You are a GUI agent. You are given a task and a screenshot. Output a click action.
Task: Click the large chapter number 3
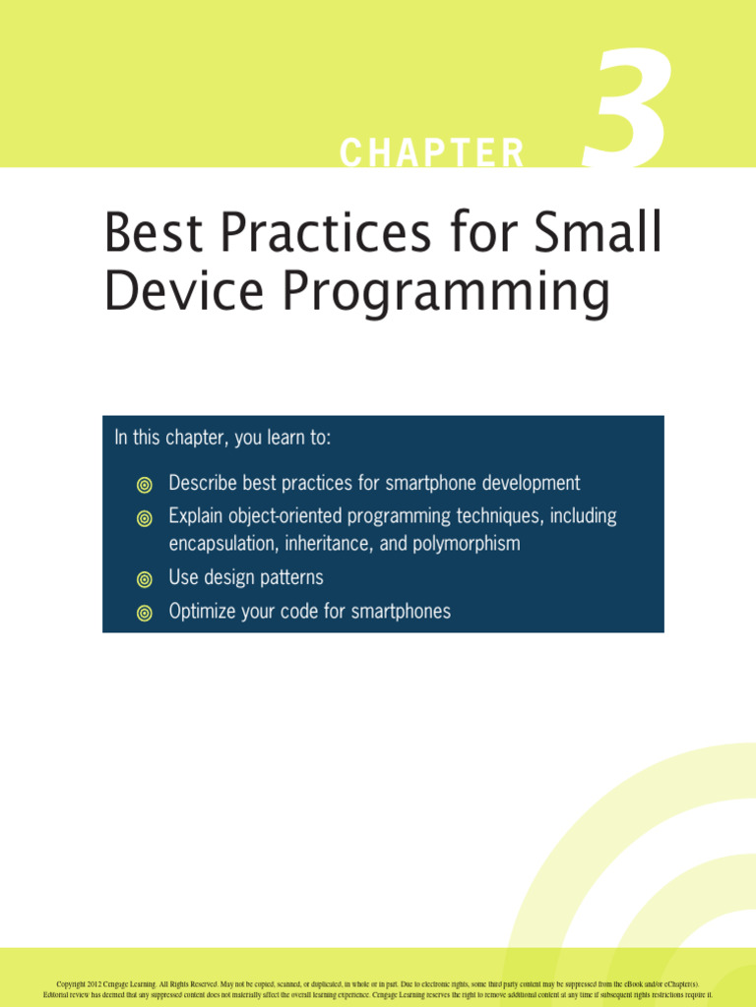(x=627, y=107)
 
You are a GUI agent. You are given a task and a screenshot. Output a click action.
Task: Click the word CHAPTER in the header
(x=432, y=152)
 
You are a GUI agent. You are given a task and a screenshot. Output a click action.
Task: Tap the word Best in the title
(x=154, y=231)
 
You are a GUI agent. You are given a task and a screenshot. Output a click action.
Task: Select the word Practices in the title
(x=326, y=231)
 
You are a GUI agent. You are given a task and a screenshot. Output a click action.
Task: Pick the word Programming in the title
(x=446, y=294)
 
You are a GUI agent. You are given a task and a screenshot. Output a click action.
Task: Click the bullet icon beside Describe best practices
(x=145, y=485)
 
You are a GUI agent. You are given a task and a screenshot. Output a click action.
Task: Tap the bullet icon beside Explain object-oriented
(x=145, y=518)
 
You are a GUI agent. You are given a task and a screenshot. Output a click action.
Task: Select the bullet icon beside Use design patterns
(x=145, y=579)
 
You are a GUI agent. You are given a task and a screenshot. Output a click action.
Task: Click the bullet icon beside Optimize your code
(x=145, y=614)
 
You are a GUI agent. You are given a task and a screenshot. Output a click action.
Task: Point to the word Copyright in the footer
(x=70, y=983)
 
